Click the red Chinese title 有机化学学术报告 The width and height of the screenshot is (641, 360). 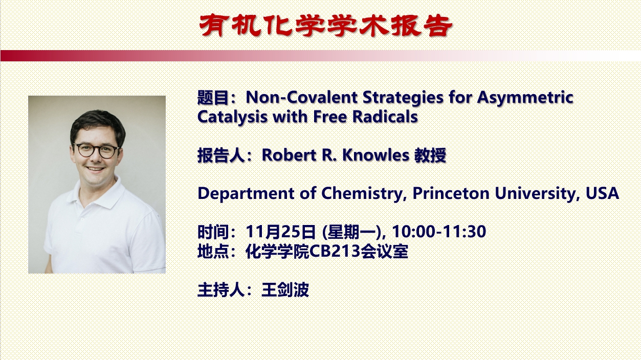pos(326,26)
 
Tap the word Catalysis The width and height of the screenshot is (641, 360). pos(232,118)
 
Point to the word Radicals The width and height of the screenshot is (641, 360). pos(385,117)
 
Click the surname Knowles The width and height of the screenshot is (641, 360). pos(376,155)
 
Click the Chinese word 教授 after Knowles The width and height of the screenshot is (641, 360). pos(430,155)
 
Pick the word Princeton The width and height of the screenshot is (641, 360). pos(451,193)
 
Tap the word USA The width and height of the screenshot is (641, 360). pos(602,193)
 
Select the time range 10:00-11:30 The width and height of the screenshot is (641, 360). pos(439,232)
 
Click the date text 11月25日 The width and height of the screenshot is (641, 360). pos(281,232)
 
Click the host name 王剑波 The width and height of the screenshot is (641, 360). pos(285,290)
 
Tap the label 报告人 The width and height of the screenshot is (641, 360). pos(221,155)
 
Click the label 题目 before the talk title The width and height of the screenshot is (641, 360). pos(213,98)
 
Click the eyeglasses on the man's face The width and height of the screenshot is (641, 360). pos(97,150)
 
